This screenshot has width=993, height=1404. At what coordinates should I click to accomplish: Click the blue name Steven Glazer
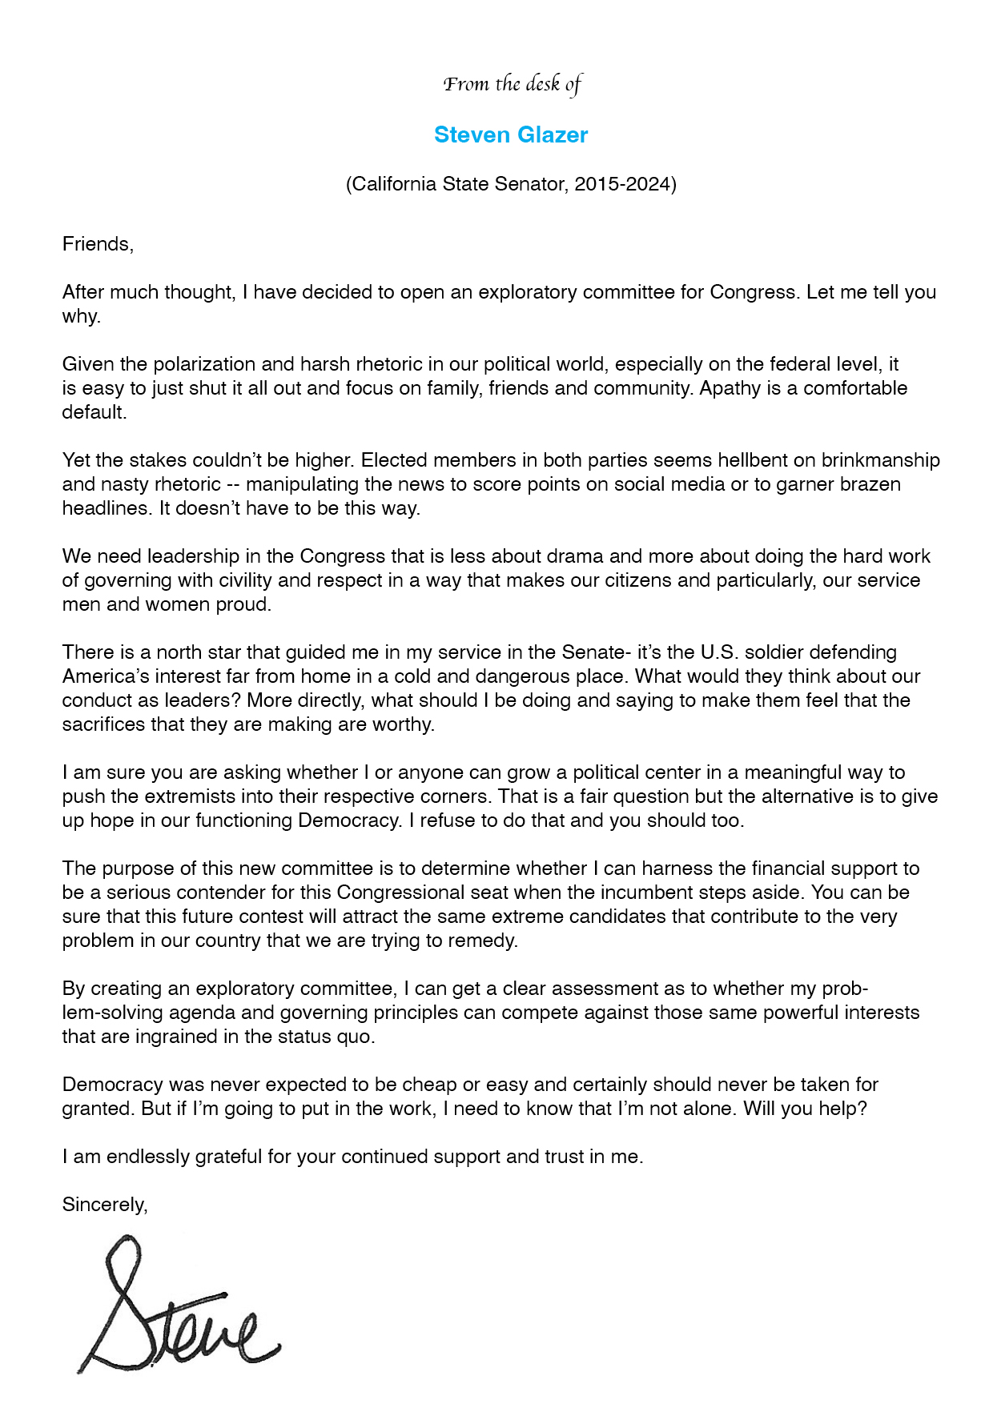click(x=511, y=134)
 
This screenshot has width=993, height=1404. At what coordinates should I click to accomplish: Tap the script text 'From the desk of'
click(x=513, y=84)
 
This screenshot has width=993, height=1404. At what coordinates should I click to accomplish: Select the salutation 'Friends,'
click(x=98, y=244)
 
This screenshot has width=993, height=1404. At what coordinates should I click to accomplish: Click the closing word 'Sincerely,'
click(x=105, y=1205)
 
